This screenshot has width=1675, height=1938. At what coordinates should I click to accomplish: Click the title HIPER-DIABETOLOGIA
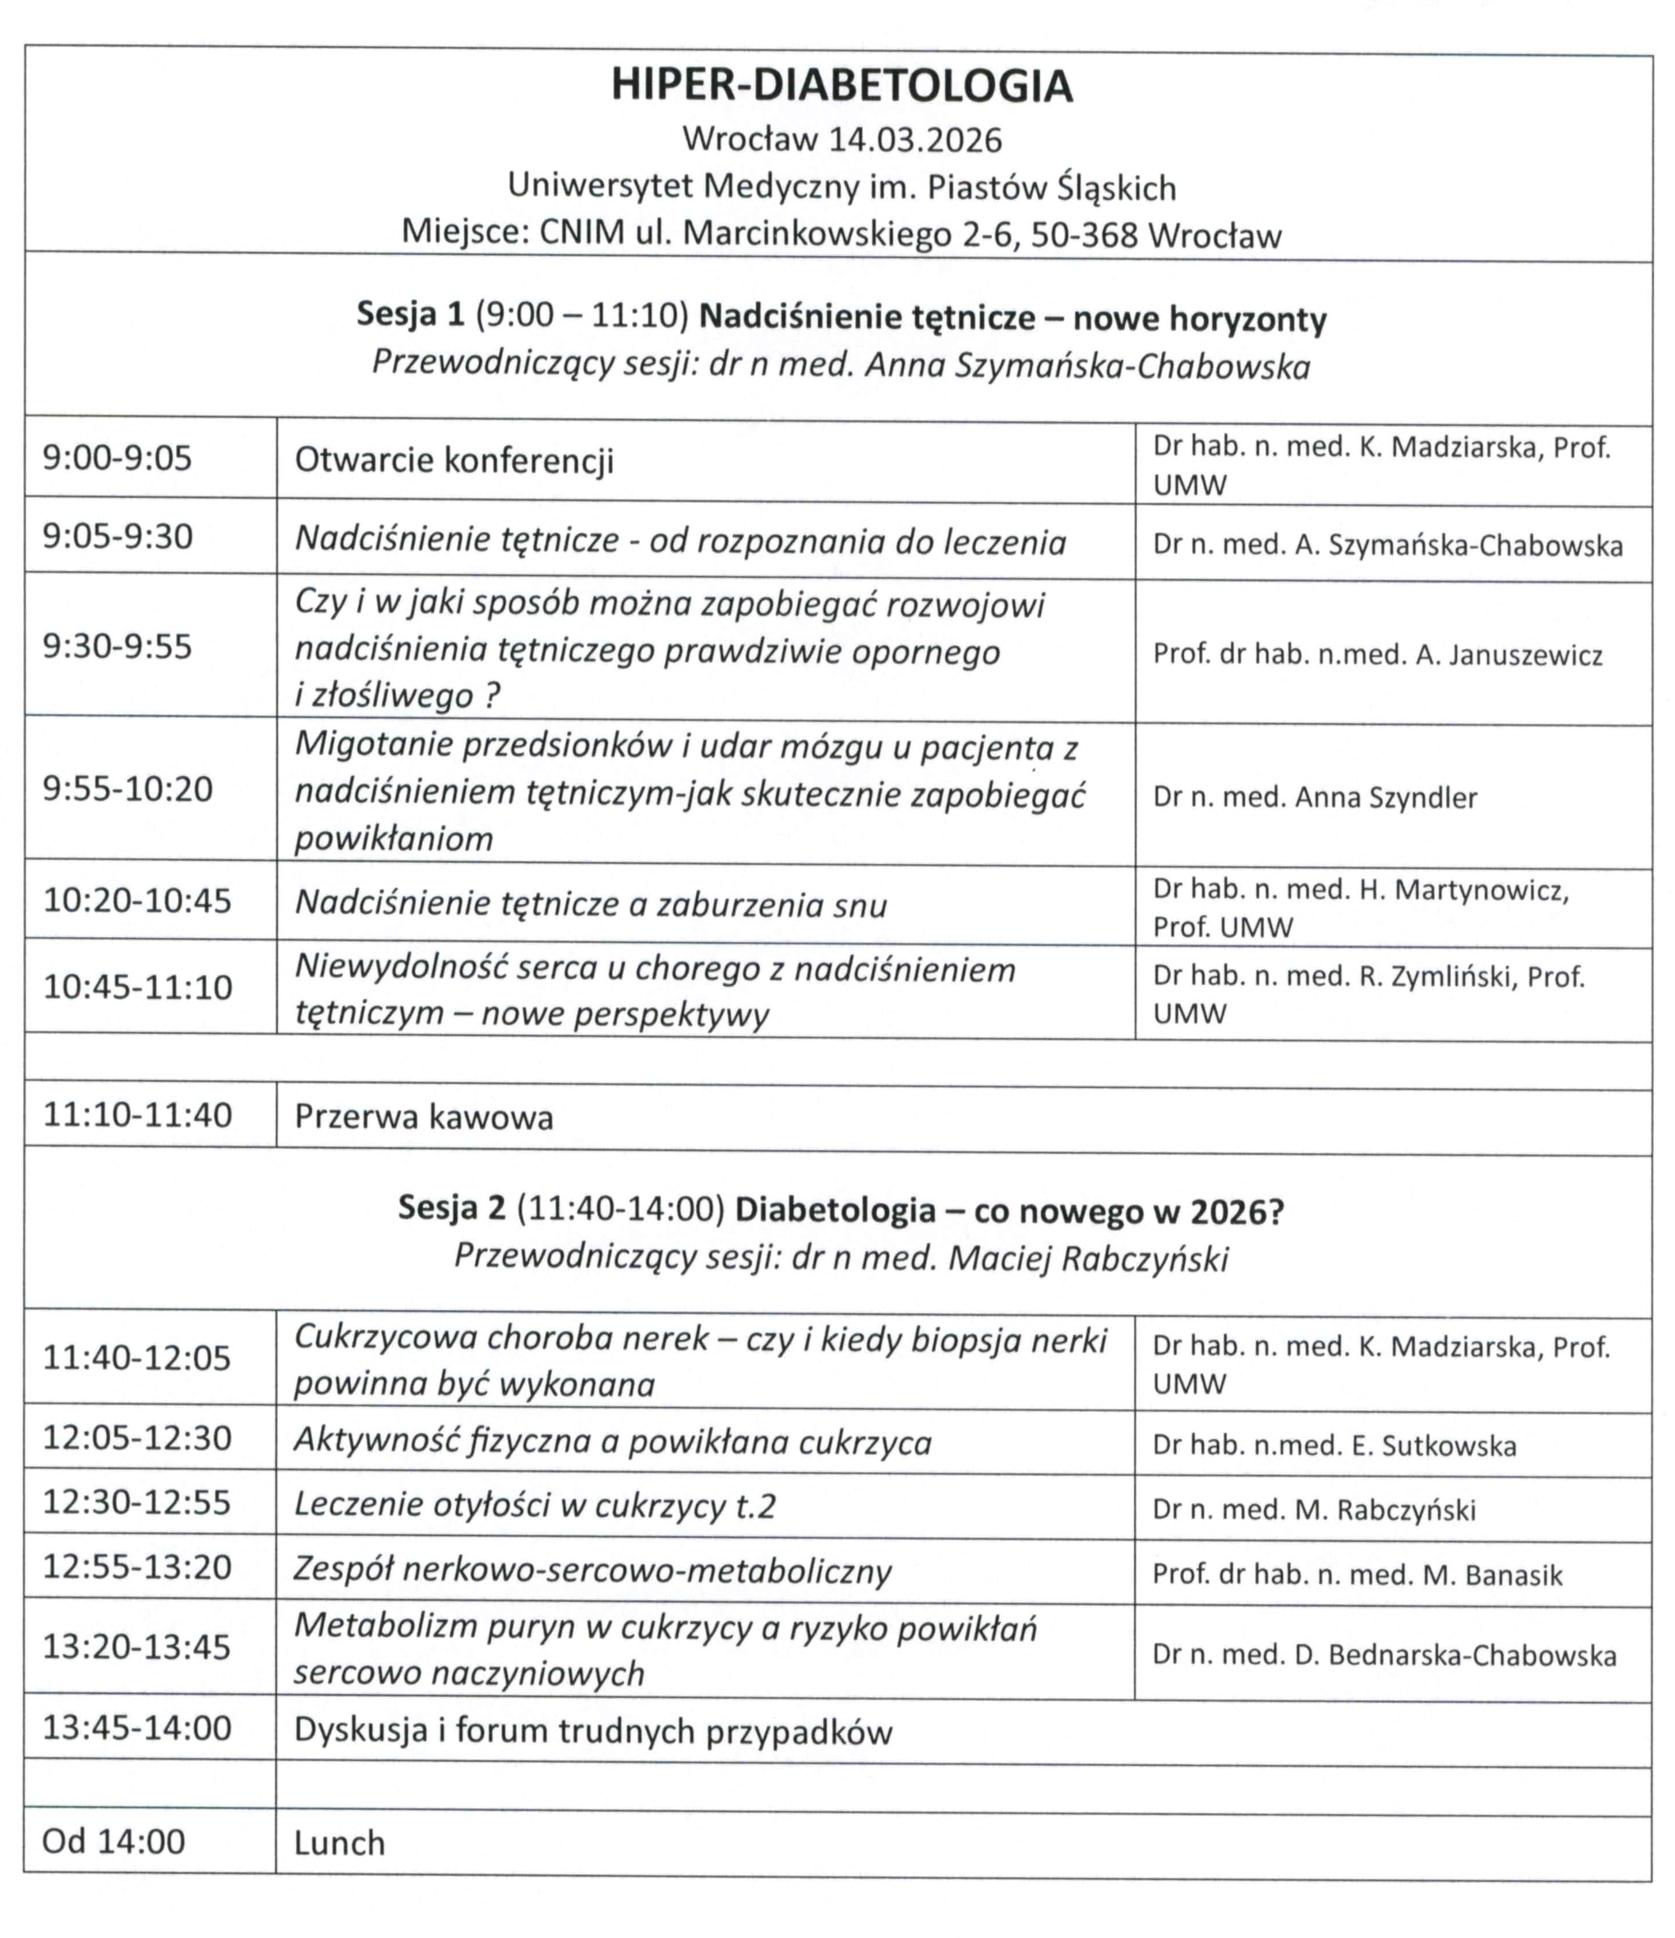point(842,86)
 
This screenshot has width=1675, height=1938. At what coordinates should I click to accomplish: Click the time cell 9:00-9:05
point(117,458)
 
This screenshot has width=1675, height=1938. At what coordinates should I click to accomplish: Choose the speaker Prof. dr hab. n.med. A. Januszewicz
point(1378,655)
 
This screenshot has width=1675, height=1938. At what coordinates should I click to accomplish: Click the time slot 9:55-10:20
point(128,788)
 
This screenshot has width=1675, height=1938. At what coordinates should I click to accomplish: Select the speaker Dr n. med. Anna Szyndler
point(1315,797)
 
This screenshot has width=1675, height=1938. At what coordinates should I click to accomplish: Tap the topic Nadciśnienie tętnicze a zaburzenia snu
point(591,904)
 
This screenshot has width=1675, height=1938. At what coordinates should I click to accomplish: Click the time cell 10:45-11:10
point(138,987)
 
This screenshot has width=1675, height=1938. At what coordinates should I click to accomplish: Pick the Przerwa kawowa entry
point(424,1117)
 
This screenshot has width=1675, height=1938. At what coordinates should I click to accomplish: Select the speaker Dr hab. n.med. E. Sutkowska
point(1333,1446)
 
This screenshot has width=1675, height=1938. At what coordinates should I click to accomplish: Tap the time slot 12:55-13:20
point(138,1567)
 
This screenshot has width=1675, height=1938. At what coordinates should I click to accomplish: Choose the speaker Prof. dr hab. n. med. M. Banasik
point(1357,1575)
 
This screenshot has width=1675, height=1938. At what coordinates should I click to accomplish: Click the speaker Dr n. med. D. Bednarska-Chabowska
point(1384,1656)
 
